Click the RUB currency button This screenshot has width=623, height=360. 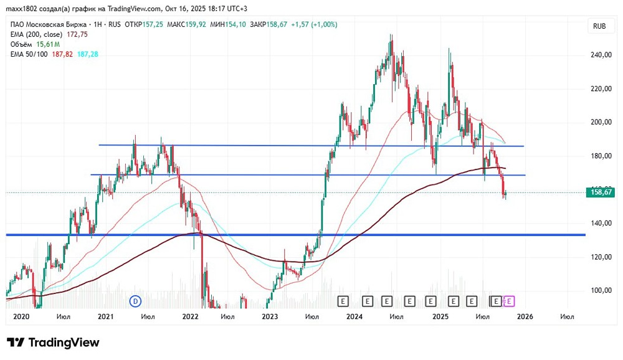click(x=599, y=26)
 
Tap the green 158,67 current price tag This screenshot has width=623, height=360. click(x=601, y=192)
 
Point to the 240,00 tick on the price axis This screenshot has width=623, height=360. click(x=601, y=55)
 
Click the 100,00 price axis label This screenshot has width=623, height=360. click(x=601, y=290)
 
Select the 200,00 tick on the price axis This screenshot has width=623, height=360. click(x=601, y=122)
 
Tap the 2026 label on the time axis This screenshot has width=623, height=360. click(x=525, y=316)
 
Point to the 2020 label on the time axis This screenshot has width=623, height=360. click(x=21, y=316)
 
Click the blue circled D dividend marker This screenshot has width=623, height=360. click(x=135, y=301)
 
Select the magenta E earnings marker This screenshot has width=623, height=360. click(x=509, y=301)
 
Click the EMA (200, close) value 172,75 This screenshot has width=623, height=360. click(x=77, y=35)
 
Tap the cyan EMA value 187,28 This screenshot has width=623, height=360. click(x=87, y=54)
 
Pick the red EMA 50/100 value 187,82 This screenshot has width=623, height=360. click(x=62, y=54)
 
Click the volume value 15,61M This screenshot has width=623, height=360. click(x=48, y=44)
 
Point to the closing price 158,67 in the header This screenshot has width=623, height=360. click(x=277, y=25)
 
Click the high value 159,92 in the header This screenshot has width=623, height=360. click(x=196, y=25)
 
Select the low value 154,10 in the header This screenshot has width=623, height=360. click(x=235, y=25)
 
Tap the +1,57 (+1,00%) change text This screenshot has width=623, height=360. click(x=314, y=25)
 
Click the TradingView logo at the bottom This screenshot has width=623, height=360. click(x=53, y=343)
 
